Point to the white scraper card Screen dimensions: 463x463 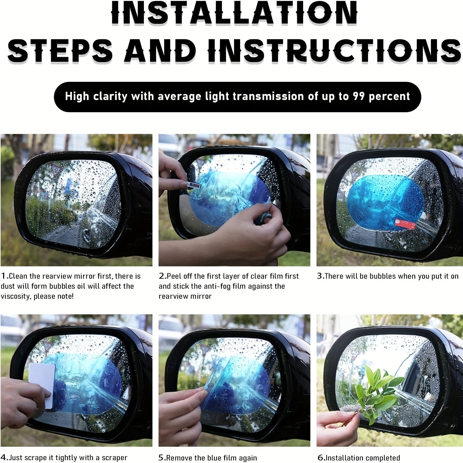[42, 386]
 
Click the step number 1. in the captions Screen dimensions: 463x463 [5, 276]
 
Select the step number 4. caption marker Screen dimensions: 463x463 [5, 458]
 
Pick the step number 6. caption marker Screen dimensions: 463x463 [321, 458]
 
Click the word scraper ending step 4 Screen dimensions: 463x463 [113, 458]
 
